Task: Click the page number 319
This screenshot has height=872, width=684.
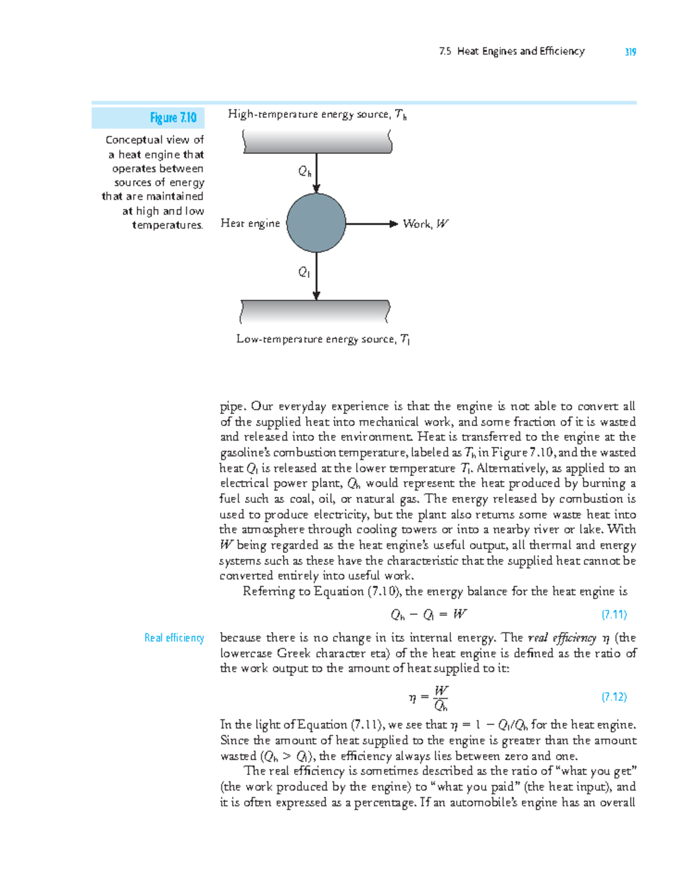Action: (x=630, y=52)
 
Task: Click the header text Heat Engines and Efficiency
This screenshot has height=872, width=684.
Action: (x=520, y=51)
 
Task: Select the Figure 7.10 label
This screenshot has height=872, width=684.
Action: (x=173, y=118)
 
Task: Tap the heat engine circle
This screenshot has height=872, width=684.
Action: (x=316, y=223)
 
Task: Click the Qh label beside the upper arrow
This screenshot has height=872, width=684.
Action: (x=305, y=171)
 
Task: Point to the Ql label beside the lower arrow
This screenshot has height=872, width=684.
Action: (x=304, y=272)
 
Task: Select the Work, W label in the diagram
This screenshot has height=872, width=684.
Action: (x=425, y=224)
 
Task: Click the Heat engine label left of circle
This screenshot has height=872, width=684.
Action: (x=250, y=223)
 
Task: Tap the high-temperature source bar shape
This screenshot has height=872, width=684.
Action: (x=317, y=141)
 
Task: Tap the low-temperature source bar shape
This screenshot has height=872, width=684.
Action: (x=315, y=312)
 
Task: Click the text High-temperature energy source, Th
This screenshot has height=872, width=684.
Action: (x=317, y=115)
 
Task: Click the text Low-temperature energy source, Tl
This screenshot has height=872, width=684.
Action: (x=323, y=339)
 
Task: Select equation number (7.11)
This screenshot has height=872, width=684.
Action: (x=614, y=614)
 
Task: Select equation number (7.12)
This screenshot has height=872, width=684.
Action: (x=614, y=696)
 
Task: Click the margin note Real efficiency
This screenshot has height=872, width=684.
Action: (x=174, y=638)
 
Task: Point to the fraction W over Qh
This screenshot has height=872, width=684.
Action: (x=441, y=698)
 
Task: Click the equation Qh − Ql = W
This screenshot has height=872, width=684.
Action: (x=429, y=614)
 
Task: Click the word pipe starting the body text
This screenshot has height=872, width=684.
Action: (x=232, y=407)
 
